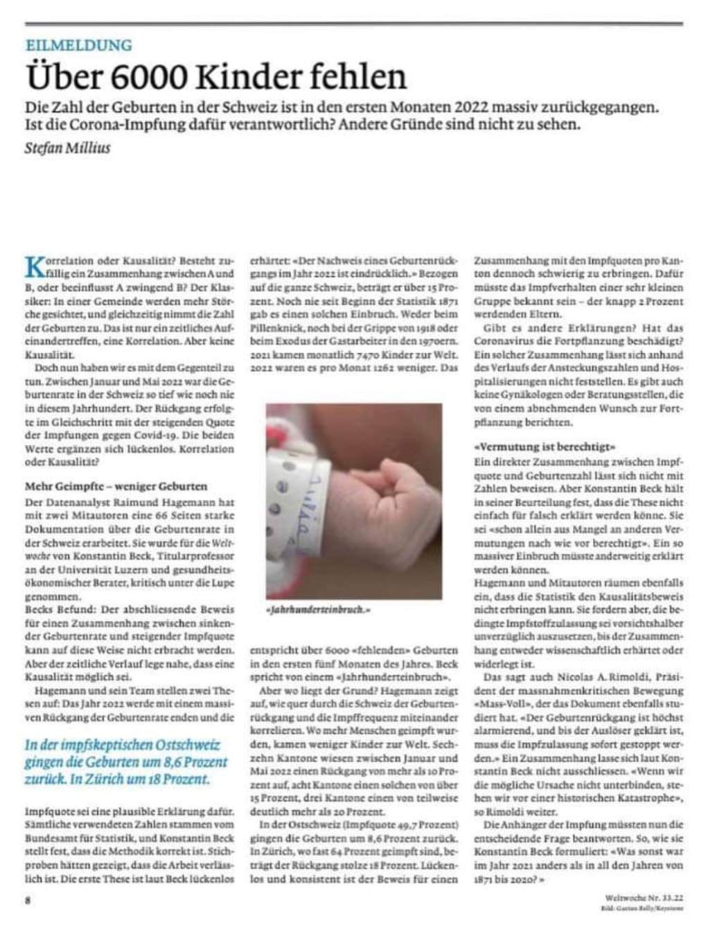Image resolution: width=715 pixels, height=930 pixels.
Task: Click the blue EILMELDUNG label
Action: [78, 46]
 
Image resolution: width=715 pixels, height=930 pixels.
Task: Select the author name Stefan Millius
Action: [67, 148]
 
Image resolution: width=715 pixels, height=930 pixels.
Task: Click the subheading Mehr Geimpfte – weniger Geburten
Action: [116, 486]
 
